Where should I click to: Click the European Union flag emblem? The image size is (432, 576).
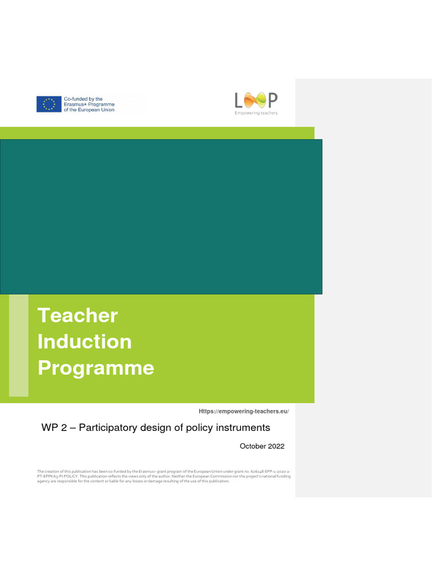coord(49,104)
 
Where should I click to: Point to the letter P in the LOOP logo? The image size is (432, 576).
coord(272,100)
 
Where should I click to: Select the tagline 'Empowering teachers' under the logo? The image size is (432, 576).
coord(256,113)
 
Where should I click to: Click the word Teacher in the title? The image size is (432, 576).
coord(78,315)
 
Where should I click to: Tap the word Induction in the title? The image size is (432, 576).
coord(84,341)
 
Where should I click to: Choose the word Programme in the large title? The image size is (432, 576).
coord(96,368)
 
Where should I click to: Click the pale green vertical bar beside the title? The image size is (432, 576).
coord(19,345)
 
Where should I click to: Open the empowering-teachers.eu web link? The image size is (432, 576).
coord(244,412)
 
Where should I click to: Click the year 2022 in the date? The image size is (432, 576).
coord(275,446)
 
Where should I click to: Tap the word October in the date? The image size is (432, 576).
coord(252,446)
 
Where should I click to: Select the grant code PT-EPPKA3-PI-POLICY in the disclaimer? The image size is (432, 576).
coord(55,476)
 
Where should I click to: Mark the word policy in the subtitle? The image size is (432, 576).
coord(202,427)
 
